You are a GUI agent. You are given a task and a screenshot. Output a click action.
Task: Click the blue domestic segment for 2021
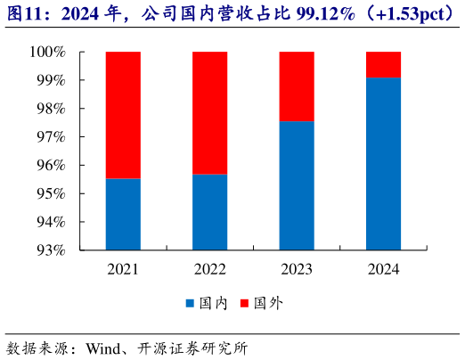[x=123, y=214]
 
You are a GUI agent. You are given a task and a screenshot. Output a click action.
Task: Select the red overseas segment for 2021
[x=123, y=115]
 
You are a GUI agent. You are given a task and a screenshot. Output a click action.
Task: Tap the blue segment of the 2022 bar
[x=209, y=212]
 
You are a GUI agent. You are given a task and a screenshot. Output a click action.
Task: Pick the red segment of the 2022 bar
[x=209, y=113]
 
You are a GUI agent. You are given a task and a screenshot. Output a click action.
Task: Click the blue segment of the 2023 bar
[x=297, y=185]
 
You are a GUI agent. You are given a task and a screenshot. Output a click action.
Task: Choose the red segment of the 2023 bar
[x=297, y=86]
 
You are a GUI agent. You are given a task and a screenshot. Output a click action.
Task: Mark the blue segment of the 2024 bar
[x=383, y=164]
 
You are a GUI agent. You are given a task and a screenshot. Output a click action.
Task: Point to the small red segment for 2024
[x=383, y=65]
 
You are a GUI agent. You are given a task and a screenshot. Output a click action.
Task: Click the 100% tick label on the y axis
[x=50, y=53]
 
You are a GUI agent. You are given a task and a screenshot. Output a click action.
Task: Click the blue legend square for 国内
[x=191, y=304]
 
